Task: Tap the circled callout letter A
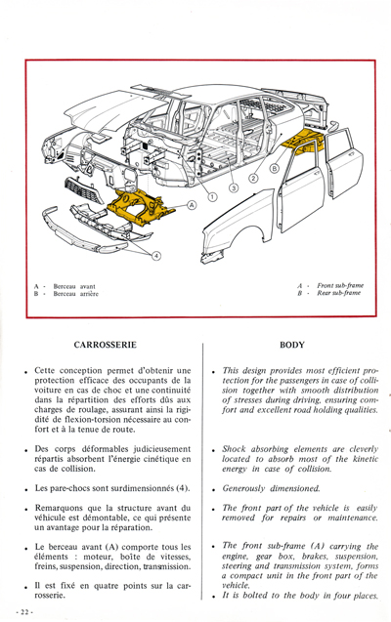coord(192,205)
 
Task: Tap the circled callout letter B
coord(275,167)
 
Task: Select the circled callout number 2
coord(254,178)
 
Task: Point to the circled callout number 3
coord(234,187)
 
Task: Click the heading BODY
coord(292,345)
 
